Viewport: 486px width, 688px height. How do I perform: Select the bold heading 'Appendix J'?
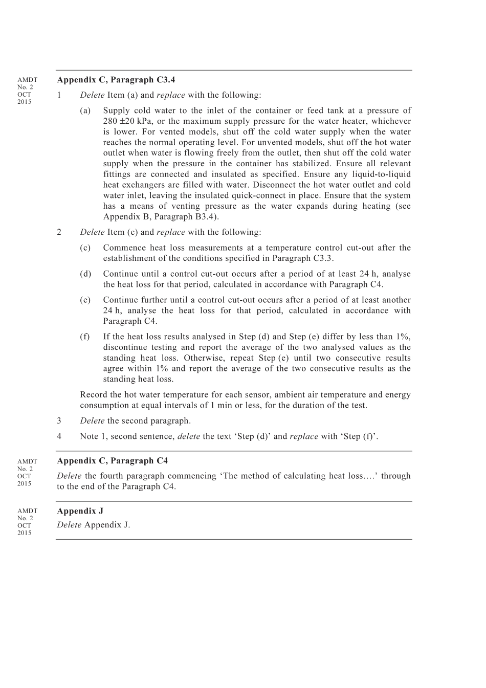[x=80, y=511]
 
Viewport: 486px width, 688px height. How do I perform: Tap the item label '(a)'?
[x=85, y=110]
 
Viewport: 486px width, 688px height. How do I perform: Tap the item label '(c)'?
[x=85, y=248]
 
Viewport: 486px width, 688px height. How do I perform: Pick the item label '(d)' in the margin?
[x=85, y=274]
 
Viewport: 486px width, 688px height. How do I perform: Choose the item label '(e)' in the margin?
[x=85, y=300]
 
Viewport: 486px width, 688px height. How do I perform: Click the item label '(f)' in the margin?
[x=85, y=337]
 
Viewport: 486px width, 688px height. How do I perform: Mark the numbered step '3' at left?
[x=59, y=421]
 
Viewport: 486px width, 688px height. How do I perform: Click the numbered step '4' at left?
[x=59, y=436]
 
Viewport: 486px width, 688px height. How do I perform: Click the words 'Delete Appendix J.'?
[x=94, y=525]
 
